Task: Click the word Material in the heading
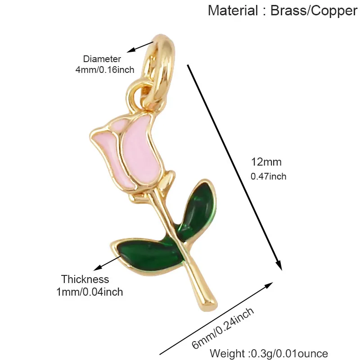233,10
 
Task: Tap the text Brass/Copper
314,11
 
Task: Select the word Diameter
102,59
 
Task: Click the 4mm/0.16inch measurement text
105,70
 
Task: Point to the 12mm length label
266,162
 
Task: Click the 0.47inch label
268,176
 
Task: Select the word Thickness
85,279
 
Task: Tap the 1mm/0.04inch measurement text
90,292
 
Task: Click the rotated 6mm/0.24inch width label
223,328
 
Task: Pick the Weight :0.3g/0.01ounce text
269,354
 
